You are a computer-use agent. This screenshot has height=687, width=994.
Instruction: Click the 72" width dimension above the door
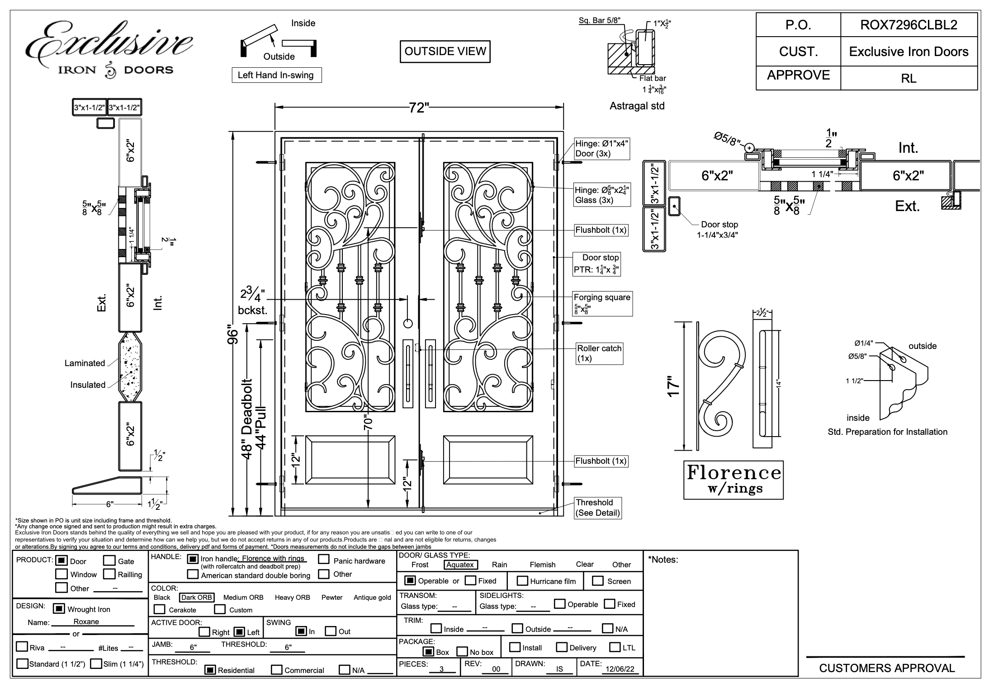tap(419, 108)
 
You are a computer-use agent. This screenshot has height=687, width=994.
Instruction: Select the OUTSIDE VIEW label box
tap(445, 52)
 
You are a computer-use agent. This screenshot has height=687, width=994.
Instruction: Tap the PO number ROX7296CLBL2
tap(909, 25)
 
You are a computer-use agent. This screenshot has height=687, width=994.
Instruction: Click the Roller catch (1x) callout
tap(599, 353)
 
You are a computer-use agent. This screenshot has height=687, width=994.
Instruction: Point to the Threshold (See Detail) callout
tap(597, 508)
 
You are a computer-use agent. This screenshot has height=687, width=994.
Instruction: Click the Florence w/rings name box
tap(733, 480)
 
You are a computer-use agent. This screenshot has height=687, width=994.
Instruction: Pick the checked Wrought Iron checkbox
tap(59, 609)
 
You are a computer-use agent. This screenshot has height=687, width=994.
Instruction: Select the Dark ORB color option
tap(196, 597)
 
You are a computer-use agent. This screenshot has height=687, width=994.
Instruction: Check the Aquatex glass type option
tap(460, 565)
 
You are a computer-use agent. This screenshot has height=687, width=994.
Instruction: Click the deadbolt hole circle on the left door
tap(407, 323)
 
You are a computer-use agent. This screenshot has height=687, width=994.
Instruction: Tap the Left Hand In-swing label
tap(276, 75)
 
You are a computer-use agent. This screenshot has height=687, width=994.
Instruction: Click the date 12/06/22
tap(620, 669)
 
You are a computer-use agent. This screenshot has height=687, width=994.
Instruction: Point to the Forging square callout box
tap(602, 303)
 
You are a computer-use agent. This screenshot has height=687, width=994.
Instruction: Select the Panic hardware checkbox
tap(323, 560)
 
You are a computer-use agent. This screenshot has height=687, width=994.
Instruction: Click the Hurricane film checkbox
tap(522, 581)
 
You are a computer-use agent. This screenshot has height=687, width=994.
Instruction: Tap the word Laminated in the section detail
tap(85, 363)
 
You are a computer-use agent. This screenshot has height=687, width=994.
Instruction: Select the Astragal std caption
tap(637, 106)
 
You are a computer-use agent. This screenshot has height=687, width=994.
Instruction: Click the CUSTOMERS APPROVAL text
tap(887, 668)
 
